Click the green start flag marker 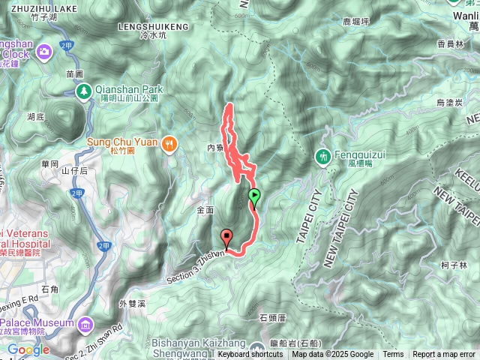254,197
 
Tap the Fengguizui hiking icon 322,157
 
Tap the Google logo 28,349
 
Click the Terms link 393,355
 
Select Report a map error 444,355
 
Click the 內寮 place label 214,148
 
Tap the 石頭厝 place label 272,317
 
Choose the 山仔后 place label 75,171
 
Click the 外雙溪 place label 130,304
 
